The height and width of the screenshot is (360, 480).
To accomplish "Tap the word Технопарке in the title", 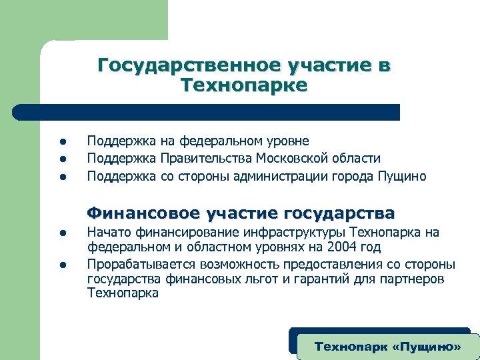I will click(x=244, y=85).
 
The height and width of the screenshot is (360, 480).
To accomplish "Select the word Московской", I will click(x=288, y=159).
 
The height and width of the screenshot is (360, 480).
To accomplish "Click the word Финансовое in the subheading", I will click(x=144, y=213).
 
